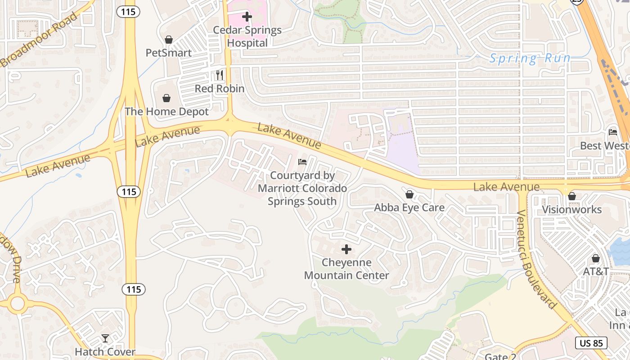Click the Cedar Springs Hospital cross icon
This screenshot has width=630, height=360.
(247, 17)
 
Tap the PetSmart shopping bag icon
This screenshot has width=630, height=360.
(169, 40)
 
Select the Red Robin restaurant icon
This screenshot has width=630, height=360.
(220, 75)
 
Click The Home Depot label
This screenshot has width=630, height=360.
(166, 112)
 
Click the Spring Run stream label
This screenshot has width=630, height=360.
(530, 58)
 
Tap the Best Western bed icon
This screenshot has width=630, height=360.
(612, 132)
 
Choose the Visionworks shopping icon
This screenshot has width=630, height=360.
(572, 196)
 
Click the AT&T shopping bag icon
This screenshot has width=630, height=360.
(596, 258)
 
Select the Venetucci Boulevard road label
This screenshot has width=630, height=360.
(537, 260)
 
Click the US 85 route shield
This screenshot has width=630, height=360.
(591, 343)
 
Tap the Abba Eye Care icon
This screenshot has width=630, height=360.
(409, 194)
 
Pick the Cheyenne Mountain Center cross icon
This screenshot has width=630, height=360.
(346, 249)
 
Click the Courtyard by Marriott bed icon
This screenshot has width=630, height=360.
(302, 162)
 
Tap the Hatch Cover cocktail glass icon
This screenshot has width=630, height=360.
(105, 338)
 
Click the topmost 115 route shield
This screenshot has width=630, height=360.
(128, 12)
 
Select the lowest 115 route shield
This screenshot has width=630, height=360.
(134, 289)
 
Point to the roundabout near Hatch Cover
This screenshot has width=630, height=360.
(17, 303)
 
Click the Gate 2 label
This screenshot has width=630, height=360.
(500, 356)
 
